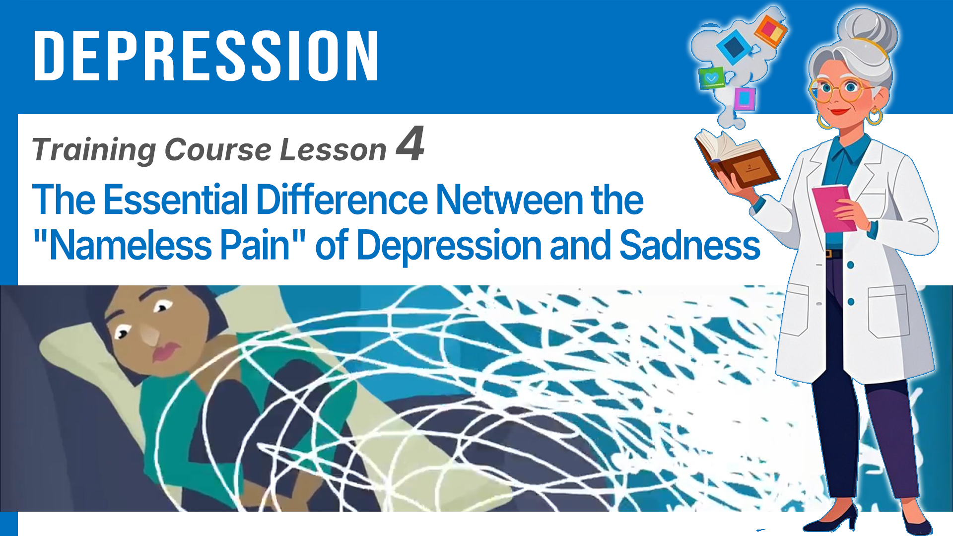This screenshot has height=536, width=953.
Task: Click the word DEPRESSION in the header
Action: point(206,55)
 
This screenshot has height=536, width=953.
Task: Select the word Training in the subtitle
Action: point(94,150)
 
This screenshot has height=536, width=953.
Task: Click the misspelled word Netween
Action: point(510,200)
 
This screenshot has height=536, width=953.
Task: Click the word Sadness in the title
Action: point(690,245)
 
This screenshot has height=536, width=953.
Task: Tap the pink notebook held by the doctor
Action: point(834,208)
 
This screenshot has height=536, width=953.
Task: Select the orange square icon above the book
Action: point(770,30)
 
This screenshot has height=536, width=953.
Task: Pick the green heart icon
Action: point(711,78)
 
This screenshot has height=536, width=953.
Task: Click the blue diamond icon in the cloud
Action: point(734,47)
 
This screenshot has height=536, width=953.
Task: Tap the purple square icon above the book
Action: point(745,99)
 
